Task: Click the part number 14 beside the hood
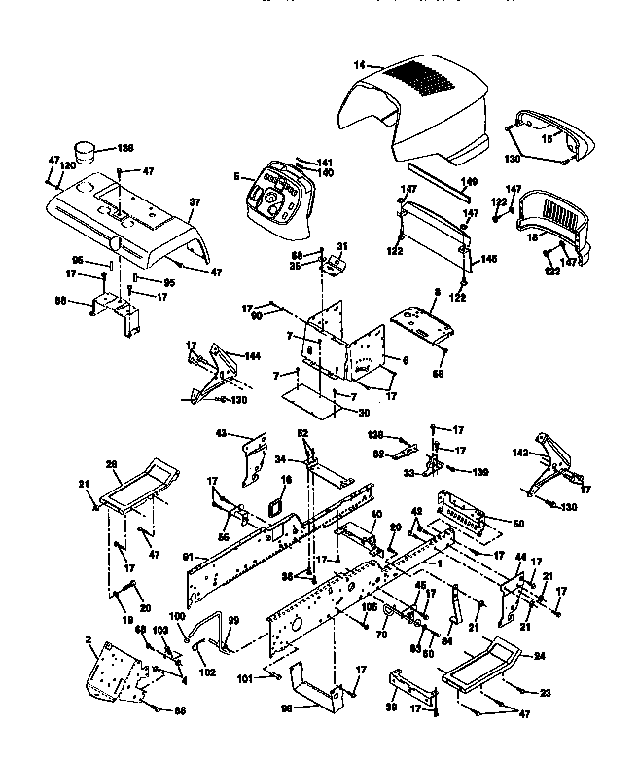pyautogui.click(x=360, y=64)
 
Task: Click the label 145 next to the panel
pyautogui.click(x=488, y=259)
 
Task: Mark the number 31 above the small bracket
pyautogui.click(x=341, y=244)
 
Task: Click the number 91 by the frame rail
pyautogui.click(x=188, y=557)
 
